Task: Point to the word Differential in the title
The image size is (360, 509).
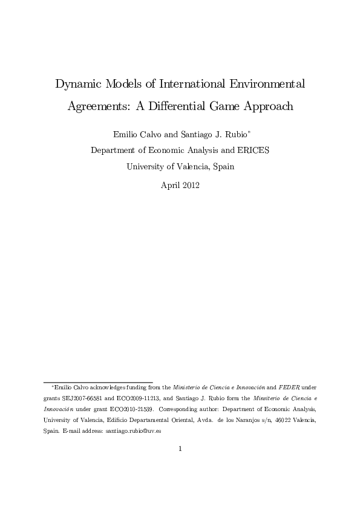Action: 185,106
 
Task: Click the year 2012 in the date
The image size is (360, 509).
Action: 190,185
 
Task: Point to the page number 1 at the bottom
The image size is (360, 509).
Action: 180,449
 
